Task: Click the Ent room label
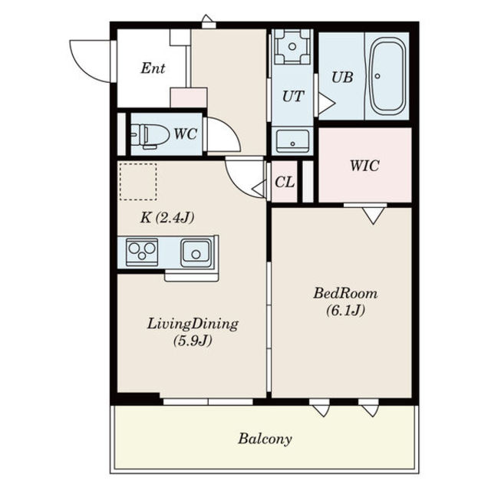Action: click(153, 68)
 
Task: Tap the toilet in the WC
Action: click(150, 135)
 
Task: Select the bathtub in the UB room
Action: click(387, 76)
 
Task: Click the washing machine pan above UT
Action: click(292, 47)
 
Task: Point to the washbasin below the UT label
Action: click(292, 141)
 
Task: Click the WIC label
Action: click(364, 165)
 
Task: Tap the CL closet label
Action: click(285, 181)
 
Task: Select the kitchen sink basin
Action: click(196, 252)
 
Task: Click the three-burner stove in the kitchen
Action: click(142, 252)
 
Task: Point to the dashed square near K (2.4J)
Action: click(138, 182)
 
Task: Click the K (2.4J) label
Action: click(167, 218)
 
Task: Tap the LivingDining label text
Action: click(193, 324)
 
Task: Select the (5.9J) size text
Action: click(193, 341)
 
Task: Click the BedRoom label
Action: click(345, 293)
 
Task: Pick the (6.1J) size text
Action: click(346, 311)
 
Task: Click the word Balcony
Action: click(265, 439)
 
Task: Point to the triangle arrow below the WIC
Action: click(374, 216)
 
